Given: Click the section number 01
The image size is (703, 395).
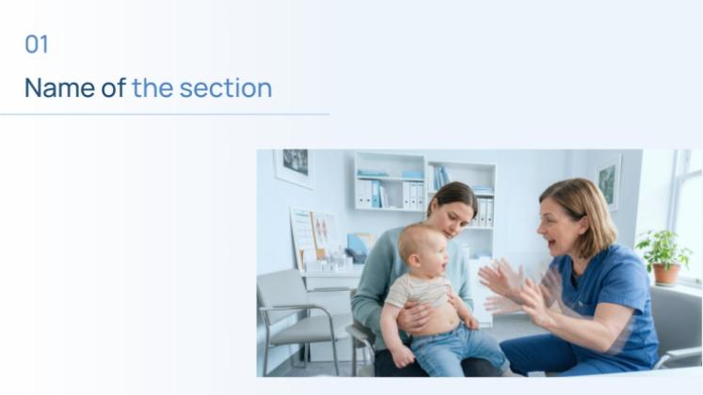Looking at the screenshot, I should click(36, 44).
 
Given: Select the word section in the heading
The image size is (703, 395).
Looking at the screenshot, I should click(225, 88).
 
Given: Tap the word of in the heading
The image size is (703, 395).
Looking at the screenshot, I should click(114, 88).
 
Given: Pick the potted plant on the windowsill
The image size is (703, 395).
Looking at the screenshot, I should click(663, 250).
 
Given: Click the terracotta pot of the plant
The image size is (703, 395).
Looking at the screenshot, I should click(667, 274).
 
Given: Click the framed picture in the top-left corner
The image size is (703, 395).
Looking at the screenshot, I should click(294, 166).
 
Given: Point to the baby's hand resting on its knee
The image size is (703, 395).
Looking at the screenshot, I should click(403, 355).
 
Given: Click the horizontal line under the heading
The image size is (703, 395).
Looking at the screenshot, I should click(165, 115).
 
